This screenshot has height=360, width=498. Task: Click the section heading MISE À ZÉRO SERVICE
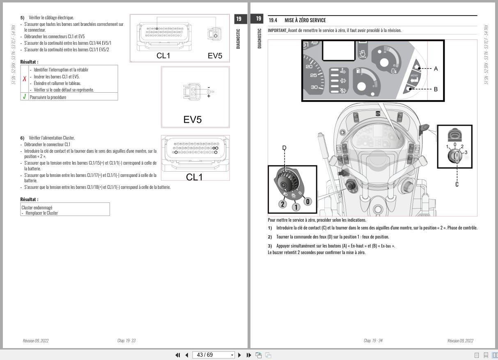(305, 21)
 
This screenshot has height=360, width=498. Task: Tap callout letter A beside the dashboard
(436, 69)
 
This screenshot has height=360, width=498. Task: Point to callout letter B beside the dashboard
(436, 89)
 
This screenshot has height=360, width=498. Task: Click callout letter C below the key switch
(457, 184)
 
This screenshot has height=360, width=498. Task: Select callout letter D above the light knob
(284, 148)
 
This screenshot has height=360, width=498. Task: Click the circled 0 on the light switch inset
(308, 202)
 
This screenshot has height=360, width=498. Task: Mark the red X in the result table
(25, 79)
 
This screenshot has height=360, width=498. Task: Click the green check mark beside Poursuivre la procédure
(25, 97)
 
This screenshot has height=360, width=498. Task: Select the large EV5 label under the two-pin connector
(193, 120)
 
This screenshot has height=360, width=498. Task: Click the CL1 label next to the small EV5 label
(163, 56)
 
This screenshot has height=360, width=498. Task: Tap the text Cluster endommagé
(37, 207)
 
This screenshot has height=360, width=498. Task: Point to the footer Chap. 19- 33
(126, 341)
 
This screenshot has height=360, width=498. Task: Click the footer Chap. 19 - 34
(373, 341)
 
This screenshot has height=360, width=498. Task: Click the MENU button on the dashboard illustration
(414, 78)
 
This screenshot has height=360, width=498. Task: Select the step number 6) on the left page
(23, 138)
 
